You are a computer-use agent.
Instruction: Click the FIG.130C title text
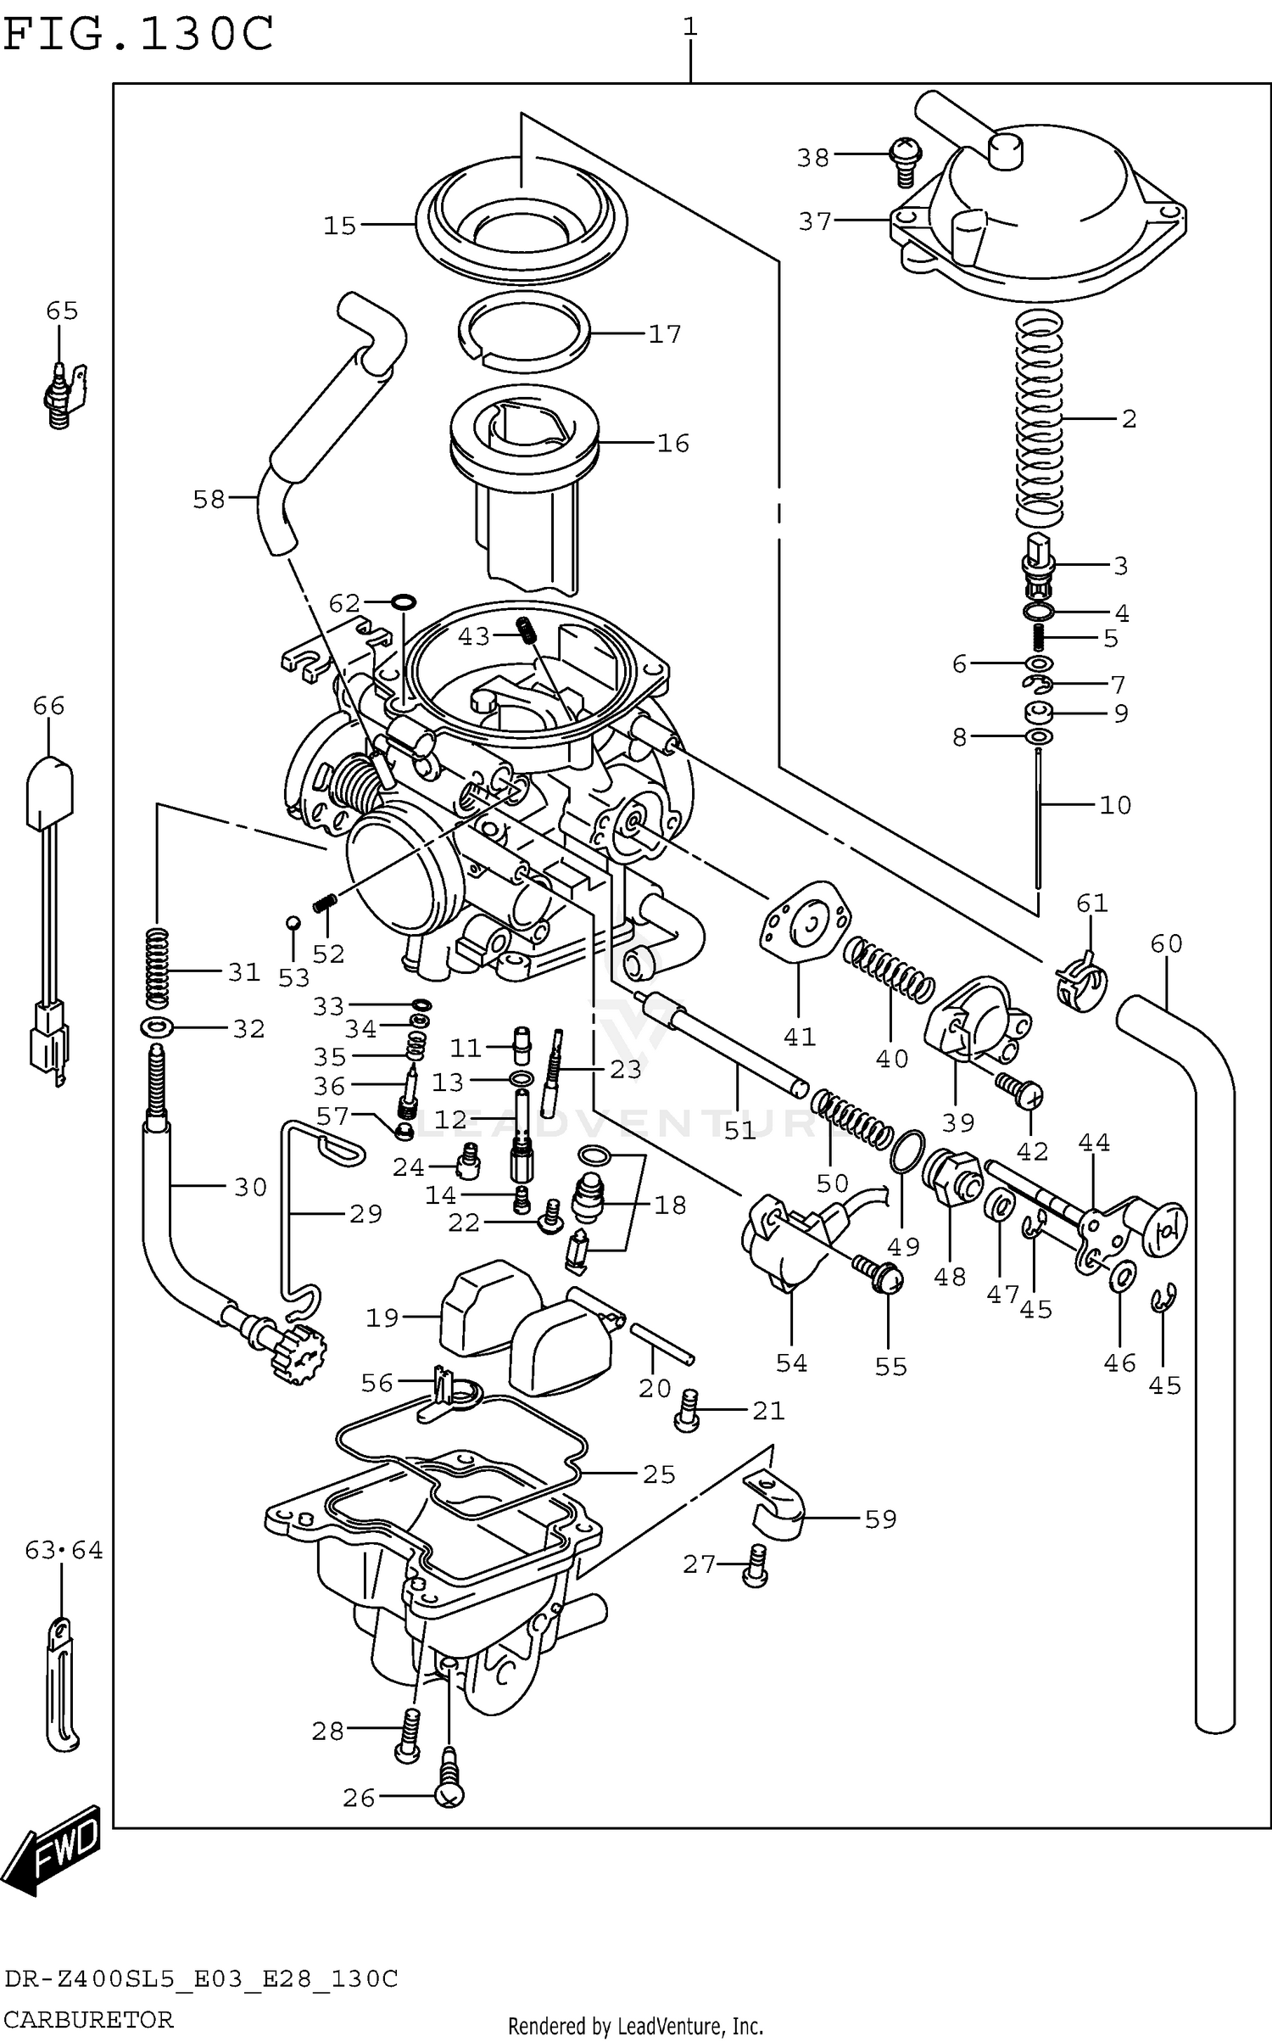click(x=138, y=34)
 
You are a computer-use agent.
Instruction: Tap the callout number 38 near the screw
click(x=812, y=158)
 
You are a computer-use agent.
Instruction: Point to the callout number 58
click(x=209, y=500)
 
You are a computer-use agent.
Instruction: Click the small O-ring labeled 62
click(x=404, y=601)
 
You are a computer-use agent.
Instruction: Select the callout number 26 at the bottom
click(x=359, y=1798)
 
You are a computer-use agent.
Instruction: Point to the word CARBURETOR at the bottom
click(x=88, y=2019)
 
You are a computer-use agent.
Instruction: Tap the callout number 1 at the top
click(x=690, y=27)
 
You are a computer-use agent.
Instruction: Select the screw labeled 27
click(x=755, y=1564)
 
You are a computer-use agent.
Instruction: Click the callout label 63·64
click(x=64, y=1551)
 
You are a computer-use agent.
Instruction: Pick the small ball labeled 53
click(x=292, y=923)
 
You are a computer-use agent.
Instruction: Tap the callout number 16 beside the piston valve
click(x=673, y=443)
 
